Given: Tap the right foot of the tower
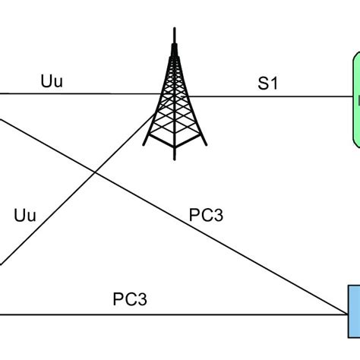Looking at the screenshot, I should click(203, 161).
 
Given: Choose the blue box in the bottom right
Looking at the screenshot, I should click(354, 311).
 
